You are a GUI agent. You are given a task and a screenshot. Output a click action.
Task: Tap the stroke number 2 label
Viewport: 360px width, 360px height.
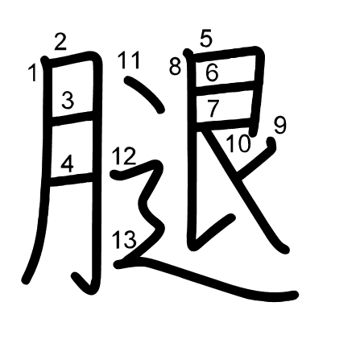click(60, 41)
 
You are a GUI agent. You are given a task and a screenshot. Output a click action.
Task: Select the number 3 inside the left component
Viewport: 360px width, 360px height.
click(68, 100)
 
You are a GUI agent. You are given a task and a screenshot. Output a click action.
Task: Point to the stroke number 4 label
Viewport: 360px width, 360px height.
click(67, 163)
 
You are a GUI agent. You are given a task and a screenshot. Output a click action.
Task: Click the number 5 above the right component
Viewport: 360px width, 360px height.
click(206, 39)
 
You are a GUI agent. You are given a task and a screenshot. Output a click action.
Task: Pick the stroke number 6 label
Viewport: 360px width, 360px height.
click(212, 72)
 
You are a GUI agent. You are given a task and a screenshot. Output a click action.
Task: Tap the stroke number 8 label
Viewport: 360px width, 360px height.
click(175, 67)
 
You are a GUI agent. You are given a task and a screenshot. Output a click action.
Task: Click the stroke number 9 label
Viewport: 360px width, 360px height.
click(280, 126)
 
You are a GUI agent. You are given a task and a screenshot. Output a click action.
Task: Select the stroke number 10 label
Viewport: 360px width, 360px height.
click(238, 143)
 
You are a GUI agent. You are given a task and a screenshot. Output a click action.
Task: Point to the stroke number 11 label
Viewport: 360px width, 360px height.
click(129, 60)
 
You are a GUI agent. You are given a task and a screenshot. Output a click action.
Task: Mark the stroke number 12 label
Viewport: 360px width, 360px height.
click(123, 156)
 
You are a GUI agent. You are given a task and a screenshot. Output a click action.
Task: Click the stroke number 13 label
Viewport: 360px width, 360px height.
click(123, 239)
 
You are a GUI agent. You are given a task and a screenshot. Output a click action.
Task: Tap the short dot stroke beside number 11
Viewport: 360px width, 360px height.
click(145, 93)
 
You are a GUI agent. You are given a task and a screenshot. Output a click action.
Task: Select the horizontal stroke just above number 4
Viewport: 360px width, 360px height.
click(72, 120)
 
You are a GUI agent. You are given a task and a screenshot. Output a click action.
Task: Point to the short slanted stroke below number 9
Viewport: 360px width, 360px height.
click(256, 159)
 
